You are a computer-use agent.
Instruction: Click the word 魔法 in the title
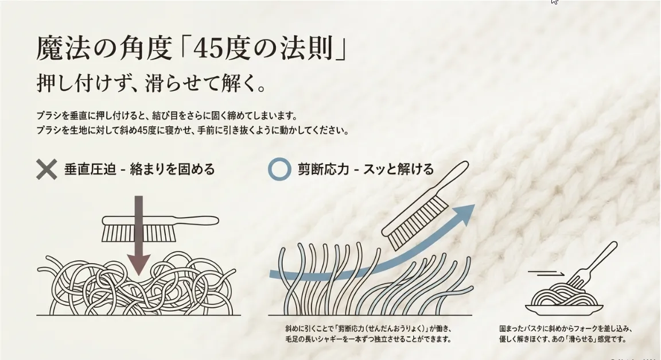(x=63, y=48)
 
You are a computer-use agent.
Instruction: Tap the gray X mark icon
(x=46, y=169)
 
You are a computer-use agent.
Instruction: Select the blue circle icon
(x=279, y=169)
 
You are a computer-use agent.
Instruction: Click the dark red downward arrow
(x=139, y=235)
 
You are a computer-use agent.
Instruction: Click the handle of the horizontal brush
(x=197, y=220)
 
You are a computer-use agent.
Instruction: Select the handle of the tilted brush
(x=454, y=176)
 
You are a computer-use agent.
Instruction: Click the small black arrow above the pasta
(x=546, y=273)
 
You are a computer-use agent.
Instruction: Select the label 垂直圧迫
(x=90, y=169)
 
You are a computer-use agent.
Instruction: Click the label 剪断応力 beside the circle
(x=324, y=169)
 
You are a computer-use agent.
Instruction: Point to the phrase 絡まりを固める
(x=172, y=169)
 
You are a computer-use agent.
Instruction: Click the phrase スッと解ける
(x=398, y=169)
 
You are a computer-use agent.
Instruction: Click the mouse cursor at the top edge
(x=554, y=2)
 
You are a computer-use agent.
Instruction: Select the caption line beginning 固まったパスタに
(x=566, y=328)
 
